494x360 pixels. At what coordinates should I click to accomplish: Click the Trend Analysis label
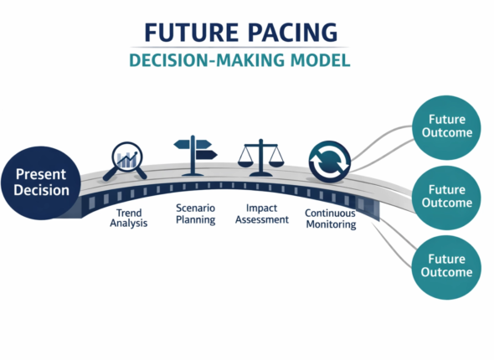[128, 219]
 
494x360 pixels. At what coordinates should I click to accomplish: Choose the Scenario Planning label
[194, 213]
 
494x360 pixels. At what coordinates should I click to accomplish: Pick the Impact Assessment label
[261, 213]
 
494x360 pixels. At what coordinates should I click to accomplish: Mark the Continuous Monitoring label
[329, 219]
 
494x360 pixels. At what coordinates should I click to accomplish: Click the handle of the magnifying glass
[140, 172]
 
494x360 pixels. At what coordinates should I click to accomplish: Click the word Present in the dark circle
[41, 173]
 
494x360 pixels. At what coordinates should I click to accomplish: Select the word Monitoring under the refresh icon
[329, 224]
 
